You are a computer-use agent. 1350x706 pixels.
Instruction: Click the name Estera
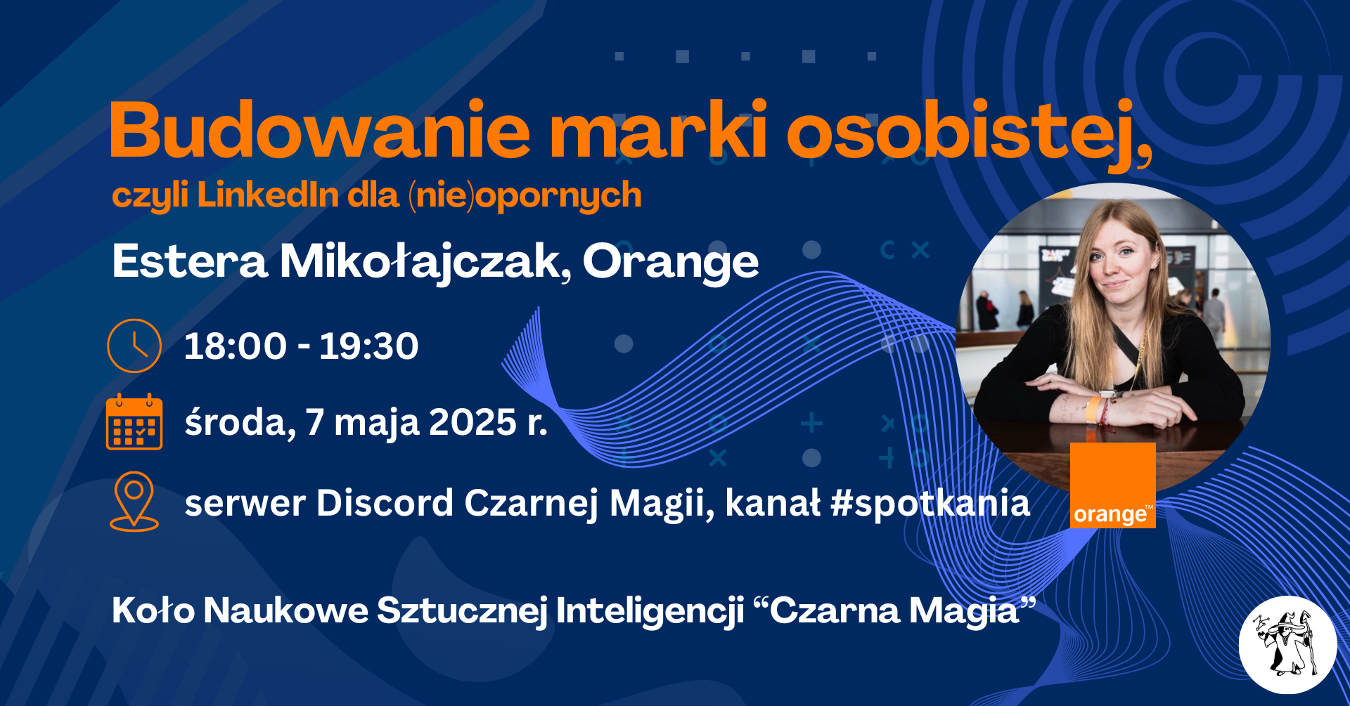coord(190,261)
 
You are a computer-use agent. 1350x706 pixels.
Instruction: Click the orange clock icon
coord(134,346)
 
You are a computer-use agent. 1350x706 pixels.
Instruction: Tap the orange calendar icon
coord(134,421)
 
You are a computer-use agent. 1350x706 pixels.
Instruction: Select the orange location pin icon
coord(134,501)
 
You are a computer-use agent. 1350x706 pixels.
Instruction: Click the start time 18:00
coord(236,346)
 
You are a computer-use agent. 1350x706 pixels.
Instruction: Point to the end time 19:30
coord(369,346)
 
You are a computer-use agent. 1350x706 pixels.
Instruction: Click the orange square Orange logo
coord(1113,485)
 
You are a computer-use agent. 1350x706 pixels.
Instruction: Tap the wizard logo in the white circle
coord(1287,645)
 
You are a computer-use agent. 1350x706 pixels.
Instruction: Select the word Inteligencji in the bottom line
coord(650,610)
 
